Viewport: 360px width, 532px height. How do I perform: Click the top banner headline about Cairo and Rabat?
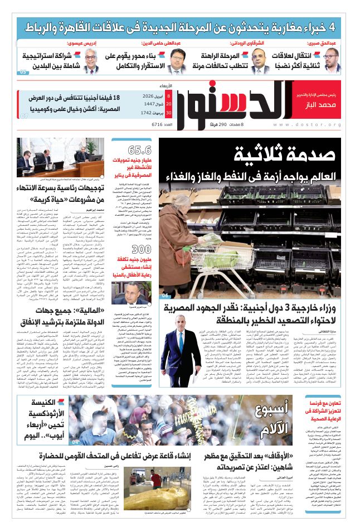(x=179, y=27)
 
